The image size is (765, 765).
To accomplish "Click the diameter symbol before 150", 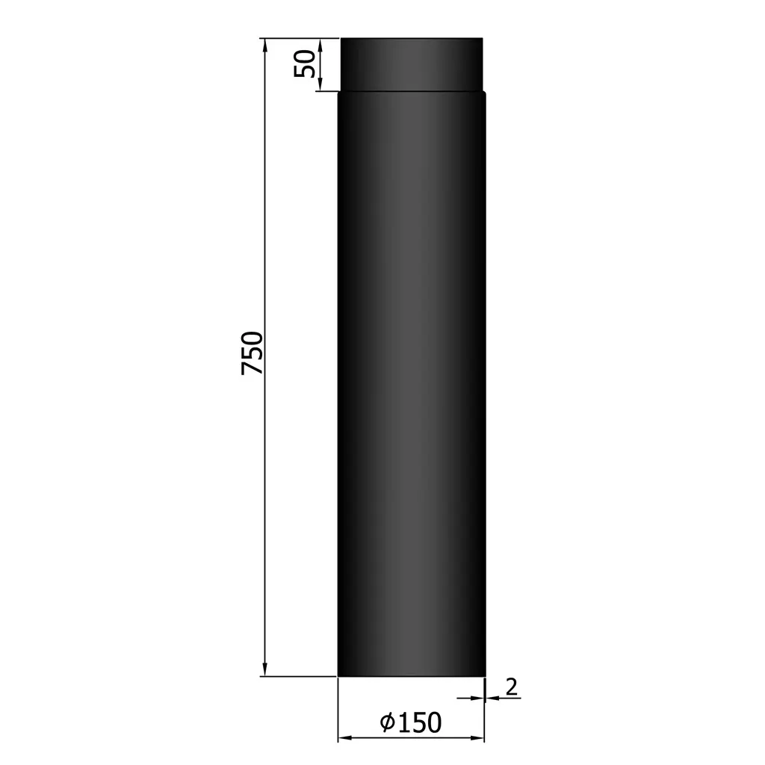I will pyautogui.click(x=387, y=723).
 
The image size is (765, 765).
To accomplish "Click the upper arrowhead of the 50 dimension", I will pyautogui.click(x=320, y=44).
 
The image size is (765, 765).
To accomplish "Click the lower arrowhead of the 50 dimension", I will pyautogui.click(x=320, y=85).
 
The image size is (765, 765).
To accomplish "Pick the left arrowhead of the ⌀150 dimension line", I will pyautogui.click(x=344, y=738).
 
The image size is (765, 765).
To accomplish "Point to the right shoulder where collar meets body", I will pyautogui.click(x=484, y=92).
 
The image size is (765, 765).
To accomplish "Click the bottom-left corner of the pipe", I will pyautogui.click(x=338, y=675).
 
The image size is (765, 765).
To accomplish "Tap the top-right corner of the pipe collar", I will pyautogui.click(x=482, y=39).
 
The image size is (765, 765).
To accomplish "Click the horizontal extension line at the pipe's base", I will pyautogui.click(x=299, y=676).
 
